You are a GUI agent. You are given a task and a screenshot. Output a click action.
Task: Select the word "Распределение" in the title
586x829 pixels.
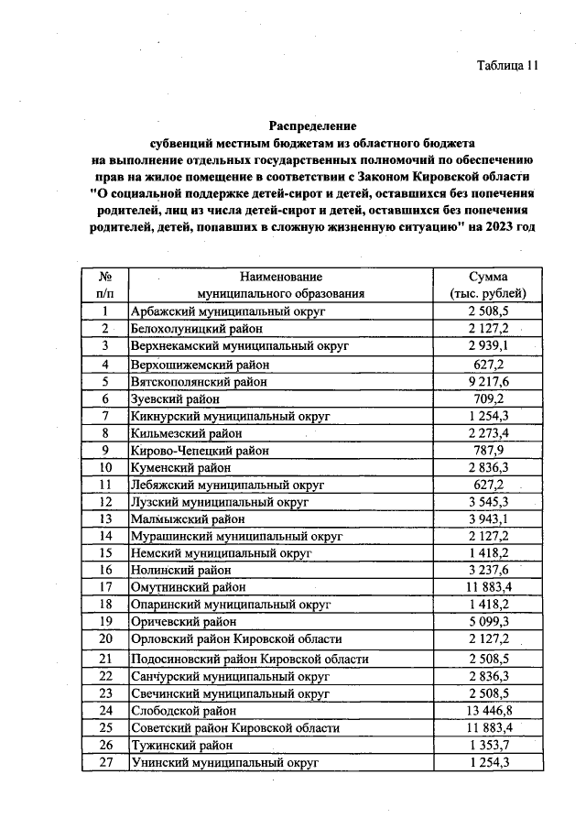point(312,125)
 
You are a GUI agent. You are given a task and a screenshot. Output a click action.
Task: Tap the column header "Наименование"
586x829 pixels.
point(281,276)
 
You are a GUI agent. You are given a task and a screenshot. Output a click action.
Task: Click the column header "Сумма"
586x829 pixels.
point(489,276)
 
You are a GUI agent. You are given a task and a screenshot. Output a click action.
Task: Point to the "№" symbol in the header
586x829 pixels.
point(105,276)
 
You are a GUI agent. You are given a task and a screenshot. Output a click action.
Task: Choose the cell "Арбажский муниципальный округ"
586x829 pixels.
point(217,311)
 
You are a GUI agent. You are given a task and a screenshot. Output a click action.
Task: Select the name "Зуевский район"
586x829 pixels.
point(176,398)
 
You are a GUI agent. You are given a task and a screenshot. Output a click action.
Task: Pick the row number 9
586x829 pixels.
point(105,451)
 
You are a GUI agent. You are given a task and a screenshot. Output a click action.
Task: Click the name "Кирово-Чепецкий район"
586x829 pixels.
point(201,451)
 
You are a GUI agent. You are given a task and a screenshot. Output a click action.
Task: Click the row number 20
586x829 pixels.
point(105,638)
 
